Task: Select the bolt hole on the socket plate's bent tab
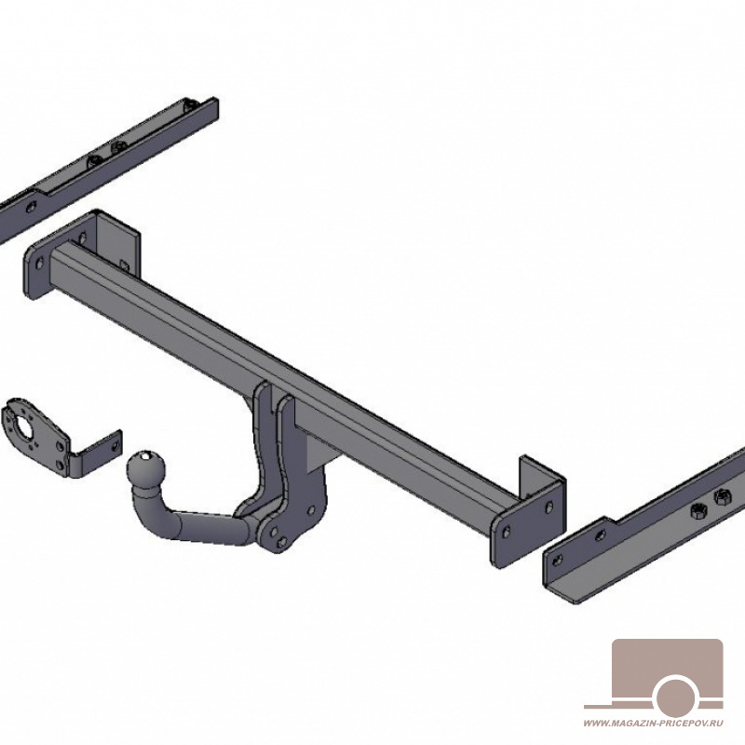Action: click(x=115, y=447)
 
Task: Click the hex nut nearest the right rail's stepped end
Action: click(x=697, y=511)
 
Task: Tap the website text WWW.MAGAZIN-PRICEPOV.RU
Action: click(x=653, y=737)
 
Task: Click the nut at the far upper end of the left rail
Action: click(x=192, y=105)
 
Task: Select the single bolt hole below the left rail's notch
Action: click(x=32, y=207)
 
